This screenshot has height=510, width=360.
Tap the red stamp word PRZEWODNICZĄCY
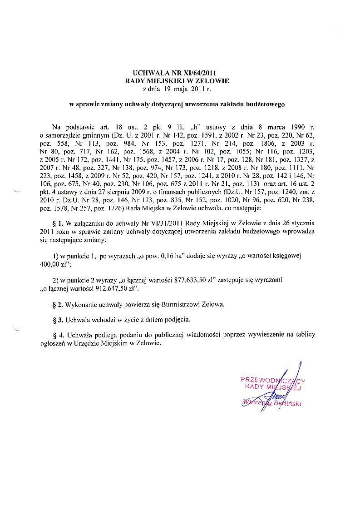[x=272, y=380]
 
